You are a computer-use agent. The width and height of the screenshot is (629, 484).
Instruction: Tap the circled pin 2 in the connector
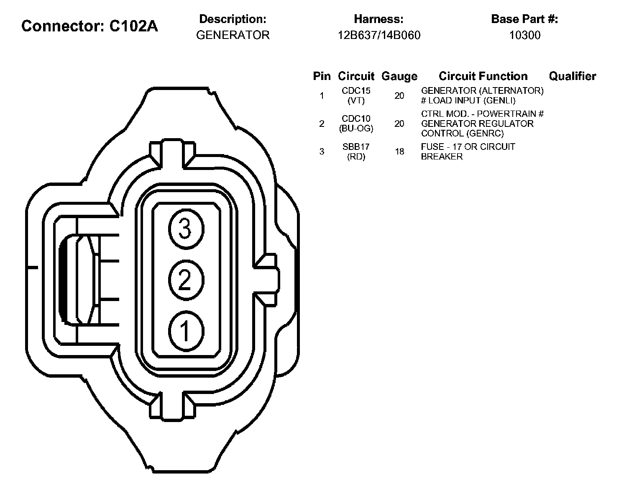click(x=186, y=280)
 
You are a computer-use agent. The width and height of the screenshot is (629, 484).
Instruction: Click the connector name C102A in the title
click(x=134, y=26)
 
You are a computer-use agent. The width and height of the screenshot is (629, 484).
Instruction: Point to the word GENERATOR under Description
click(x=233, y=35)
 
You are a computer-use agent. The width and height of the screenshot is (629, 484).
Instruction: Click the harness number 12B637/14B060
click(x=379, y=35)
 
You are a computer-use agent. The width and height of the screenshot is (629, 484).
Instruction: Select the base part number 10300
click(x=524, y=35)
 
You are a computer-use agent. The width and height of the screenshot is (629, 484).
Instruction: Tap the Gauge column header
click(x=399, y=76)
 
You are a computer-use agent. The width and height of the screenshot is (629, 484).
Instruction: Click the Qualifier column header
click(x=572, y=76)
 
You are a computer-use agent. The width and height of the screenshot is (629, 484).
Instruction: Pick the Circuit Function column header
click(x=483, y=76)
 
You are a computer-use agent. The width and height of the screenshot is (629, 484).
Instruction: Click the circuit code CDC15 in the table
click(x=356, y=91)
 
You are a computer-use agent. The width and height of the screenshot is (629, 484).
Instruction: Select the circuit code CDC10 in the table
click(x=356, y=119)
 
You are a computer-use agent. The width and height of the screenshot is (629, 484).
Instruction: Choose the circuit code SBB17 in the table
click(x=356, y=147)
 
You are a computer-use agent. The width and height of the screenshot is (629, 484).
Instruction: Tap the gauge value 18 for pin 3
click(x=399, y=152)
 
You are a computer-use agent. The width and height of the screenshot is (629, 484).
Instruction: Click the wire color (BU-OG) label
click(x=356, y=129)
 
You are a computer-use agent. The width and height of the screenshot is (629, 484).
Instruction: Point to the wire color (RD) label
click(x=356, y=157)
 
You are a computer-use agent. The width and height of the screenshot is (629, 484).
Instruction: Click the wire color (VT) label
click(x=356, y=101)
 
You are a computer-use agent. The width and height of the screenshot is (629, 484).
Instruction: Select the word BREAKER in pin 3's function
click(x=442, y=157)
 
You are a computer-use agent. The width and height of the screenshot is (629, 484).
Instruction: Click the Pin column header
click(x=322, y=76)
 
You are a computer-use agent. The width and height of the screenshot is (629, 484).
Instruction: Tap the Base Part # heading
click(x=524, y=19)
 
